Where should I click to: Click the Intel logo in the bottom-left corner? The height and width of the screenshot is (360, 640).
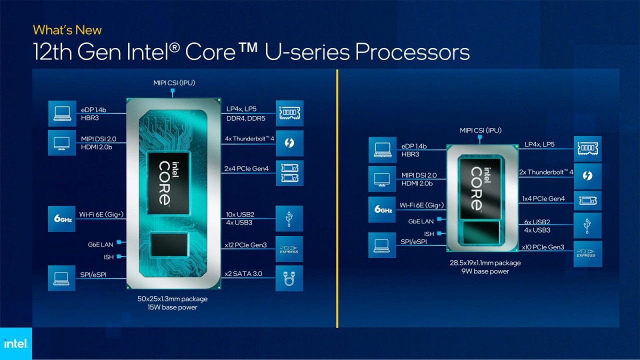coord(15,343)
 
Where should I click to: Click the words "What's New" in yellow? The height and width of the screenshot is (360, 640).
coord(67,30)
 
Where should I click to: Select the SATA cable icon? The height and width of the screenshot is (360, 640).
coord(289,278)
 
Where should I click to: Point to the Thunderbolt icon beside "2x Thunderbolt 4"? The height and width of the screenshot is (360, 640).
coord(588,176)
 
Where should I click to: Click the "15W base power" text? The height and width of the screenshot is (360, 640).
coord(172,307)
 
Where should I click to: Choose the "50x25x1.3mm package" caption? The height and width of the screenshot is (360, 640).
coord(172,299)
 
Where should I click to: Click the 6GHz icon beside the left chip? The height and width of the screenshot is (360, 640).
coord(61,218)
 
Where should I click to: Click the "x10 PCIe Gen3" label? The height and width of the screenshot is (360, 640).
coord(542,247)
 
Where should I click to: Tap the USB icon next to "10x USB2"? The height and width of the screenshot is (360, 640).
coord(289,218)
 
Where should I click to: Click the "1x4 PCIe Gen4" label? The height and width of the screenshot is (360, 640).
coord(543,199)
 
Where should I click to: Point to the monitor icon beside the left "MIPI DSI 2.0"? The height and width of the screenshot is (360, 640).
coord(61,143)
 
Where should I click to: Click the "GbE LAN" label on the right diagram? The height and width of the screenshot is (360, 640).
coord(421,221)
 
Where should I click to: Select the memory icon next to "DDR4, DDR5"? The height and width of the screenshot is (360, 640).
coord(289,113)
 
